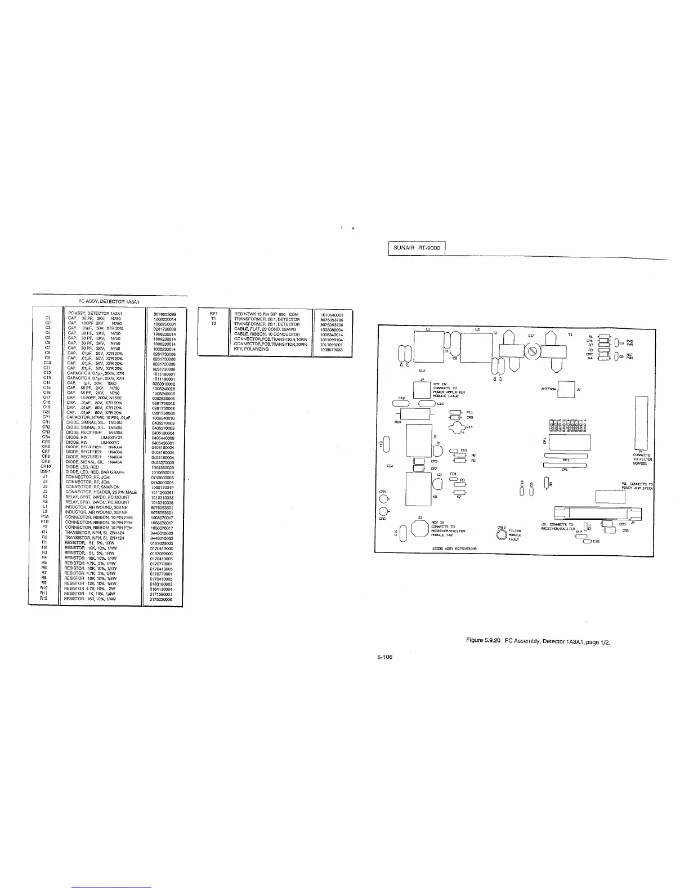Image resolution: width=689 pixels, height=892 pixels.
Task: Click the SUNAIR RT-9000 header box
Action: coord(417,248)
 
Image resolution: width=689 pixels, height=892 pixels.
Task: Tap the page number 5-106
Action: coord(384,657)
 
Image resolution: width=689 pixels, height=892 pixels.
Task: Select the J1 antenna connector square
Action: coord(566,389)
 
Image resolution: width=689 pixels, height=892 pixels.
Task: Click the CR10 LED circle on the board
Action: coord(501,534)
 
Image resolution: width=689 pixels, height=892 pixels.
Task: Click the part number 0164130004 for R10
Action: coord(162,589)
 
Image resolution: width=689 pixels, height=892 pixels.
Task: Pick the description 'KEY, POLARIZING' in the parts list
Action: coord(252,349)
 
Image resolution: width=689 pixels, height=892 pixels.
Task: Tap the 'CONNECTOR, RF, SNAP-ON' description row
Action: coord(92,487)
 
